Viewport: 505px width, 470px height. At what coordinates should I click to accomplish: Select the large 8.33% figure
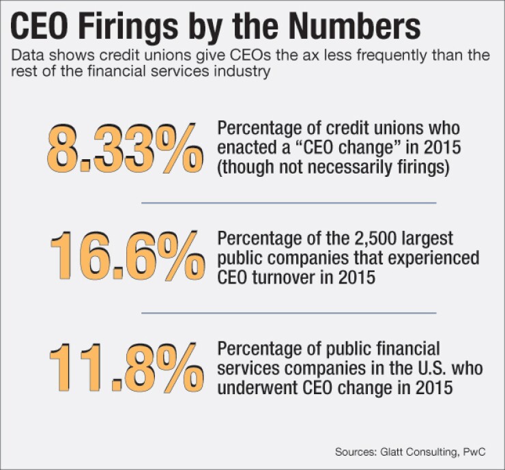(124, 148)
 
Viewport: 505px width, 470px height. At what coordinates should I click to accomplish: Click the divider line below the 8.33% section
(288, 203)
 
